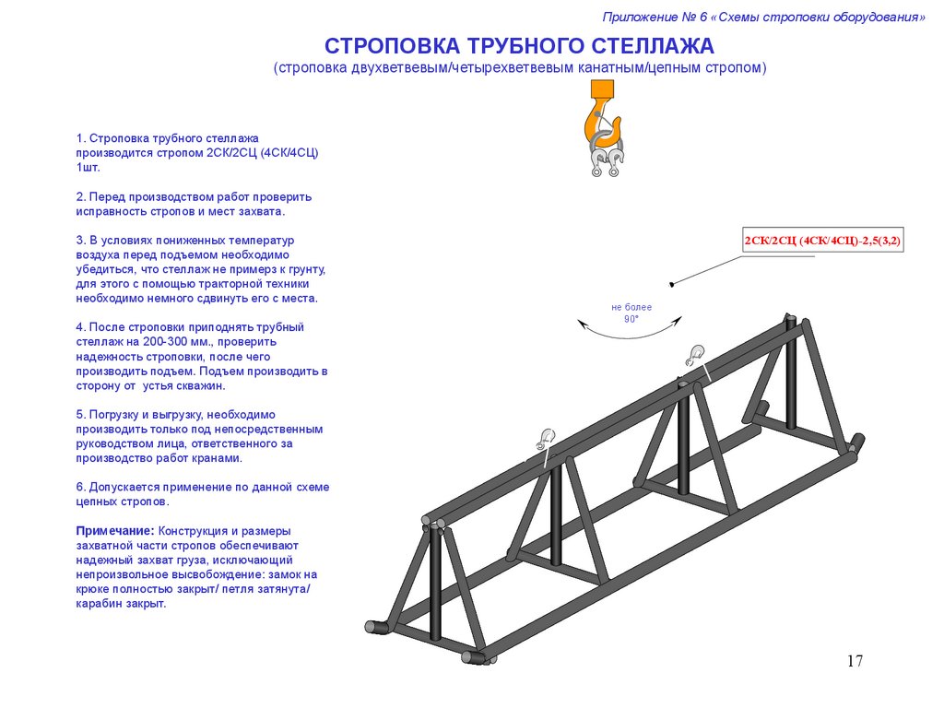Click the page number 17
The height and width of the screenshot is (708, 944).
coord(854,660)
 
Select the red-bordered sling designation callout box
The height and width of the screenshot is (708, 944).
coord(823,242)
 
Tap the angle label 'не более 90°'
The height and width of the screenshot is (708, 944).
coord(631,313)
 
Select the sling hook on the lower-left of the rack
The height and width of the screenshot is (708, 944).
coord(545,438)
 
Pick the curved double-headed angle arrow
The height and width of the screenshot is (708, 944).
coord(631,332)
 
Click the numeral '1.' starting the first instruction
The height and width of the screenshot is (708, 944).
coord(80,138)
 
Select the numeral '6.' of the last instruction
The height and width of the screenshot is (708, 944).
coord(80,486)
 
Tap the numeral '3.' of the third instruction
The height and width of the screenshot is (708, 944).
coord(80,240)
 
